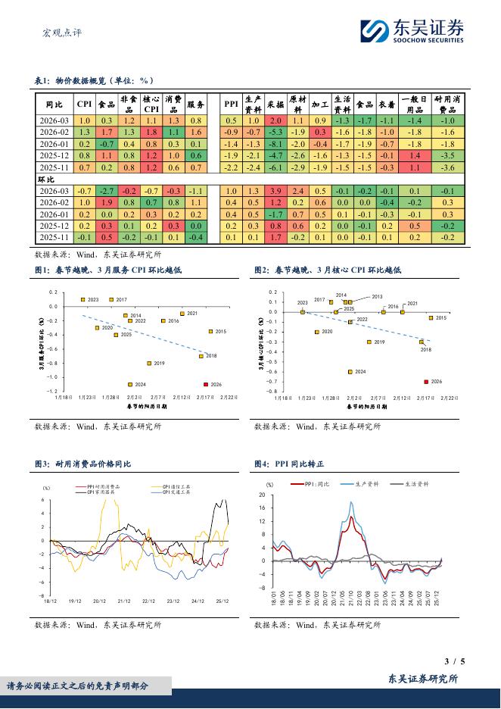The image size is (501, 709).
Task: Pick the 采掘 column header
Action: [275, 104]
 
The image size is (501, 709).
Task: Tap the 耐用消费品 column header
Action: [448, 104]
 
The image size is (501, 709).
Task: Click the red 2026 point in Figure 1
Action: [205, 384]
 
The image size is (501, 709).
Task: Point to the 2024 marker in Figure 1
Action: [130, 384]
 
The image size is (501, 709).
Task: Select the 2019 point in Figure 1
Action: [149, 364]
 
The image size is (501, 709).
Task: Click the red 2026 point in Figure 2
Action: [426, 382]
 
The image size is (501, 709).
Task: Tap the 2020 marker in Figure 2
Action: [316, 332]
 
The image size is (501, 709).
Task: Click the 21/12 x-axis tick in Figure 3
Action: [124, 601]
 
